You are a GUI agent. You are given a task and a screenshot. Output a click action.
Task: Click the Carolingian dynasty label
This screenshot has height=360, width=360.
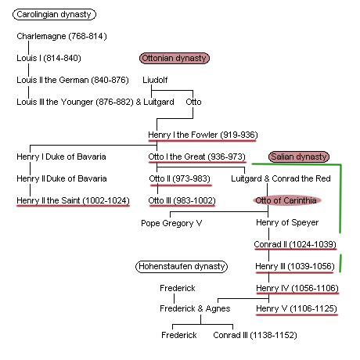click(x=54, y=14)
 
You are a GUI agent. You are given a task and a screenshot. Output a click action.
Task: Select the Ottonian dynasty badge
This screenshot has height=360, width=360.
click(x=175, y=58)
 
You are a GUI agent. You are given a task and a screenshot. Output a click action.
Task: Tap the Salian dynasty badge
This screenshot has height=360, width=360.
click(x=299, y=157)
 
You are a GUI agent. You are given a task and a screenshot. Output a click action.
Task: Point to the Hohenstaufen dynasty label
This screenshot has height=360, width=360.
click(x=182, y=267)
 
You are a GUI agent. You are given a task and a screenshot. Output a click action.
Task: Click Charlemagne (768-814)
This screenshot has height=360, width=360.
click(x=62, y=36)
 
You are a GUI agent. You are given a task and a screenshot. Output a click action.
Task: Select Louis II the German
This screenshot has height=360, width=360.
click(x=52, y=80)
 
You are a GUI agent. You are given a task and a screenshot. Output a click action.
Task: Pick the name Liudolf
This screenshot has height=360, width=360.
click(x=155, y=80)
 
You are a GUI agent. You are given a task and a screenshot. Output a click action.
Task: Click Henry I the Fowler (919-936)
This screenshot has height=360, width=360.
click(x=203, y=135)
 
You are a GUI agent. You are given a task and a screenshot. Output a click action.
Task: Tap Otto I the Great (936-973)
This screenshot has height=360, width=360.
click(x=196, y=157)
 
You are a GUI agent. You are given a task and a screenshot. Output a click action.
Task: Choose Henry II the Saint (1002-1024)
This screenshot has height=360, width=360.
click(x=73, y=200)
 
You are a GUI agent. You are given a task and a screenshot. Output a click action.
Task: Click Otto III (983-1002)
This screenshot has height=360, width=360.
click(x=182, y=200)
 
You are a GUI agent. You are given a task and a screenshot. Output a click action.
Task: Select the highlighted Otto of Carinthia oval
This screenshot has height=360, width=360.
click(x=286, y=200)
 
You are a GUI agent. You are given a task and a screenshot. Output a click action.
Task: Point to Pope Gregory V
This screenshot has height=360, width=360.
click(x=171, y=223)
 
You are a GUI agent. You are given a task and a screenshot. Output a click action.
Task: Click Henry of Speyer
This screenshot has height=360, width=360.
click(x=287, y=222)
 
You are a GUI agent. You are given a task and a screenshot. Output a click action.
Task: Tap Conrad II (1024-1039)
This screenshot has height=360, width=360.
click(x=295, y=244)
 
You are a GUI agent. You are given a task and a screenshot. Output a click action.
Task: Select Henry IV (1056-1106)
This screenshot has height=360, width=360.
click(x=297, y=288)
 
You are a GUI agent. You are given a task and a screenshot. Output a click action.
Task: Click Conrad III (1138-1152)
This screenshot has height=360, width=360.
click(x=255, y=335)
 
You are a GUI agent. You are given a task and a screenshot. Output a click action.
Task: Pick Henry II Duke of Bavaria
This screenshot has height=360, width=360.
click(x=62, y=178)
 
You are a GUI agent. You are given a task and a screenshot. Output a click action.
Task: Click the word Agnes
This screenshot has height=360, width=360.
click(x=218, y=309)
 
